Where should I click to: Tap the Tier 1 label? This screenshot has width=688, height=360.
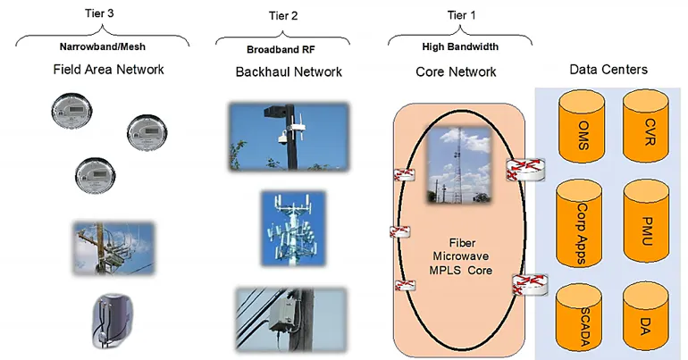[460, 13]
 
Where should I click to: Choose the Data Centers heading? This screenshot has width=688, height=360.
[608, 70]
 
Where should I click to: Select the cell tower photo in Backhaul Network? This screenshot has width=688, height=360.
[288, 228]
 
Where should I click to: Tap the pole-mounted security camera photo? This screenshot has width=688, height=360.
[288, 136]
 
